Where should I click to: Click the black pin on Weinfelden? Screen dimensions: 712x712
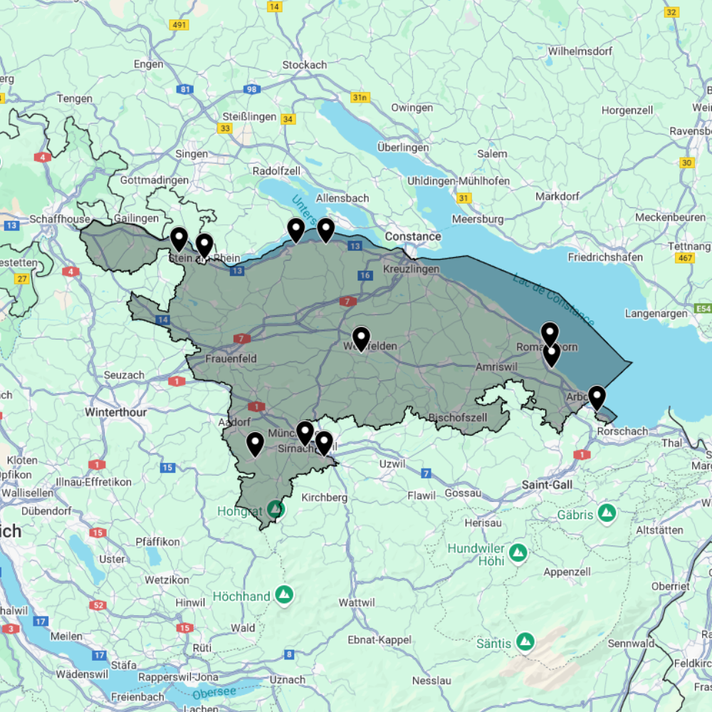pos(361,338)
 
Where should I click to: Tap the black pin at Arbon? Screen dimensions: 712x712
pos(597,397)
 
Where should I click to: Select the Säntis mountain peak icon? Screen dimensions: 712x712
pos(525,642)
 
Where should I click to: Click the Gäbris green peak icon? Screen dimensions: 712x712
pos(607,513)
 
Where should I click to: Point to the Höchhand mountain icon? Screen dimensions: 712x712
pos(284,594)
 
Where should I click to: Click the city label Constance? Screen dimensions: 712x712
pos(413,236)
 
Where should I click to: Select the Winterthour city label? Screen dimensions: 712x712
pos(115,412)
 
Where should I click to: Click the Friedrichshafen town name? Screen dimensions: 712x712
pos(605,257)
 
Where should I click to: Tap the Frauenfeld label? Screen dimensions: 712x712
pos(231,359)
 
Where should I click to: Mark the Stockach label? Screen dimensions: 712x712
pos(304,65)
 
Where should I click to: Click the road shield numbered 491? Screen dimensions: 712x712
pos(179,25)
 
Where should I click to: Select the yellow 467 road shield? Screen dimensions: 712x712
pos(686,258)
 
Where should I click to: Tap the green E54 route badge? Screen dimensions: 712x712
pos(703,309)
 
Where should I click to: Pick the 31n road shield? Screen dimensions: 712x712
pos(360,97)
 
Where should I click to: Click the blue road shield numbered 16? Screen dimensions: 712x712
pos(365,276)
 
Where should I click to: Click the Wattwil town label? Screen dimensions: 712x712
pos(357,602)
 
